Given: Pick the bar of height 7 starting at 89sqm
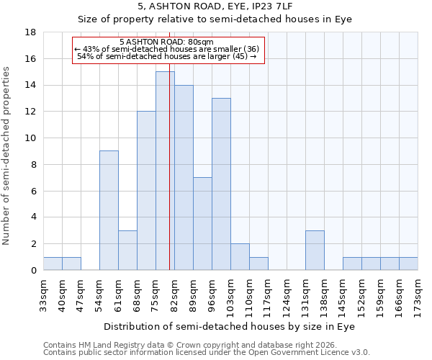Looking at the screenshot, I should point(202,223).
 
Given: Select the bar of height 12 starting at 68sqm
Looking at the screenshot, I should point(146,190).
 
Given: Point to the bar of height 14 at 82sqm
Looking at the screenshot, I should point(184,177).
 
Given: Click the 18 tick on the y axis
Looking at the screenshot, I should point(30,32).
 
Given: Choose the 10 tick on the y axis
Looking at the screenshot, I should point(30,138).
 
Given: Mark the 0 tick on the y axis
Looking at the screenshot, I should point(33,270).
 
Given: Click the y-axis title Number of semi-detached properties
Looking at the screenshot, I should point(7,155).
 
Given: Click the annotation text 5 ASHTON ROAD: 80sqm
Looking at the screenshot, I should point(166,42).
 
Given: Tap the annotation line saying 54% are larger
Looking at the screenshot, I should point(166,56).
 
